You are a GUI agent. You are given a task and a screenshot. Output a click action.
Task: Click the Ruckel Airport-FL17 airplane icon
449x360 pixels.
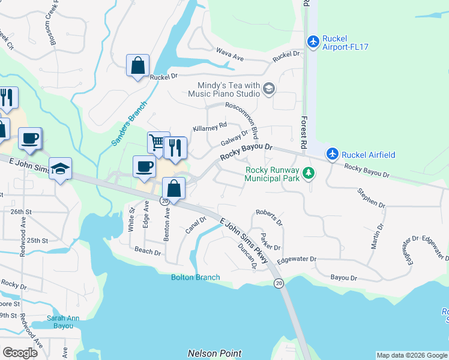pos(313,41)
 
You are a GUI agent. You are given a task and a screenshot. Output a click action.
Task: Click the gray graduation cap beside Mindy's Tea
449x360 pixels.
pos(268,89)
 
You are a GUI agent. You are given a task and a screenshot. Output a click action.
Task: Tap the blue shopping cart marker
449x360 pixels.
pos(157,142)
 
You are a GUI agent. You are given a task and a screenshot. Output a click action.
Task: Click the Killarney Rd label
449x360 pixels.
pos(209,127)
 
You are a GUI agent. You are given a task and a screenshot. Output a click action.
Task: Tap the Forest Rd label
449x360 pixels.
pos(304,133)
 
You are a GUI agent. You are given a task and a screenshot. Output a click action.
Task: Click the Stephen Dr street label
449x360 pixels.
pos(371,199)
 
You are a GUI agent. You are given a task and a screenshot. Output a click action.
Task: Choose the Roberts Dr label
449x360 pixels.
pos(268,217)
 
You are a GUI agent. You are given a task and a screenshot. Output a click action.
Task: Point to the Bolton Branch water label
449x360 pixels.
pos(195,277)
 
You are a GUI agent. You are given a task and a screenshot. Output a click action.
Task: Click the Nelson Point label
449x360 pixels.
pos(214,353)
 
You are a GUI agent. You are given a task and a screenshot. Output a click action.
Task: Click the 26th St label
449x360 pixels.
pos(20,212)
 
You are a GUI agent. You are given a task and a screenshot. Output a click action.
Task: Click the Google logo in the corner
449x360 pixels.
pos(20,352)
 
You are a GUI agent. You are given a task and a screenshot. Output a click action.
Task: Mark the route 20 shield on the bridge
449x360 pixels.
pos(279,283)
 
